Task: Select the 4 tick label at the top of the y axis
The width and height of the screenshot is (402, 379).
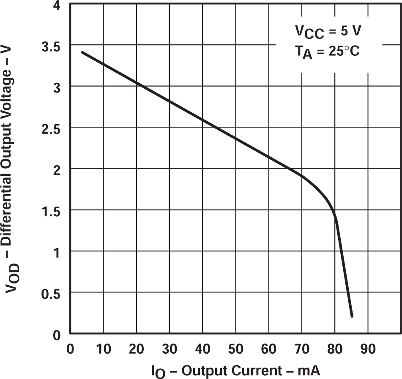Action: tap(57, 6)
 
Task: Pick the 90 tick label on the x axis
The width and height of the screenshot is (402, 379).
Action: tap(367, 350)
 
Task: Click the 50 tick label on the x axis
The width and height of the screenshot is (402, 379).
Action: tap(235, 350)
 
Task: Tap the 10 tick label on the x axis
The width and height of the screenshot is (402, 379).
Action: tap(104, 350)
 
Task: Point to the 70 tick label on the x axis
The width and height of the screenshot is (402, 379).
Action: tap(301, 350)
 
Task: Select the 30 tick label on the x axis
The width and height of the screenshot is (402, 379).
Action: tap(170, 350)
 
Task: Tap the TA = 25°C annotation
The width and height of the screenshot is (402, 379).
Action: tap(327, 52)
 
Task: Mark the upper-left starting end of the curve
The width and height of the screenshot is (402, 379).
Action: tap(82, 52)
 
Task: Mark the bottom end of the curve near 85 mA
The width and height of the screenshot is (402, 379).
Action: tap(352, 316)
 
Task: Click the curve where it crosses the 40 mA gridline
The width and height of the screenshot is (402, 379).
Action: tap(202, 120)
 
